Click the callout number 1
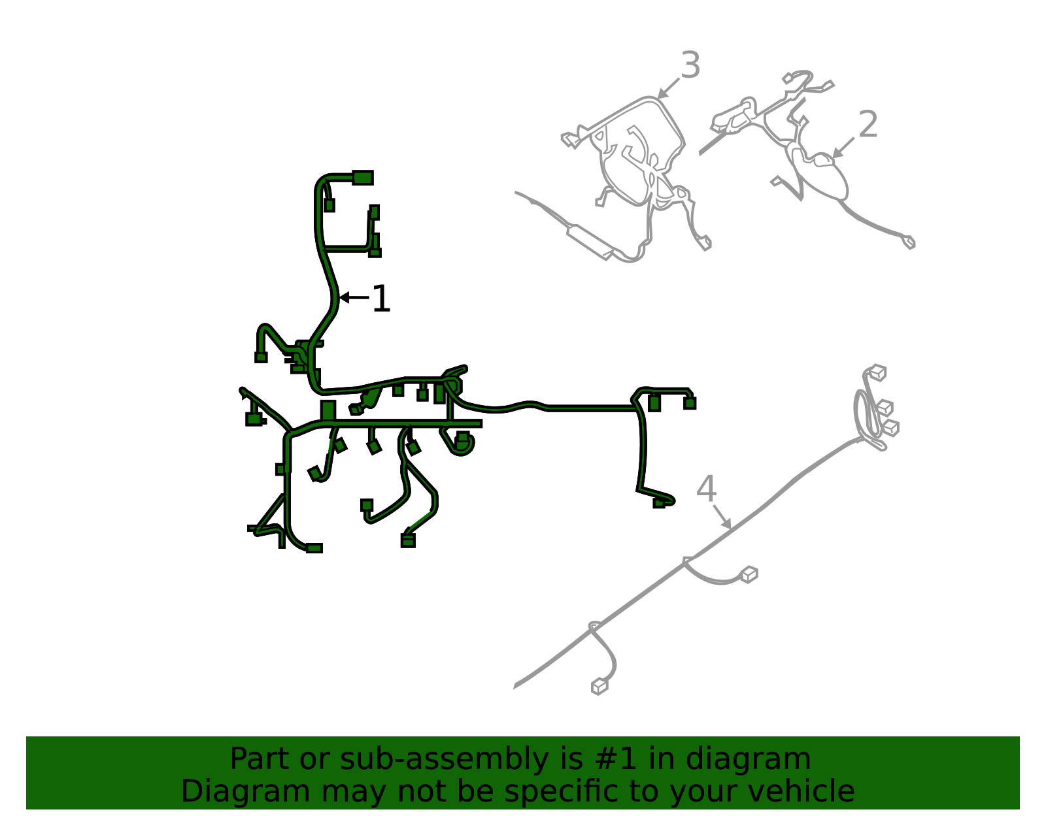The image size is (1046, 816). click(380, 299)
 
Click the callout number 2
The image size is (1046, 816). click(868, 124)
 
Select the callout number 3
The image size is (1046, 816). click(690, 65)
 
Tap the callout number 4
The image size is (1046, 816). click(706, 489)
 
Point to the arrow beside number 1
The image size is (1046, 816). click(353, 297)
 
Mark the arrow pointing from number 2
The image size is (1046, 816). click(843, 148)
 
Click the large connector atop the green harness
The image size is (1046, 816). click(362, 178)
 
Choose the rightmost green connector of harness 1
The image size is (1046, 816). click(689, 403)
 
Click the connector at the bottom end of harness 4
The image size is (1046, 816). click(599, 687)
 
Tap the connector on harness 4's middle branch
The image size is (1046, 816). click(749, 575)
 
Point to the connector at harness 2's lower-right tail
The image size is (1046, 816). click(908, 242)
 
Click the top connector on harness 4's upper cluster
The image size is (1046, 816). click(877, 372)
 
